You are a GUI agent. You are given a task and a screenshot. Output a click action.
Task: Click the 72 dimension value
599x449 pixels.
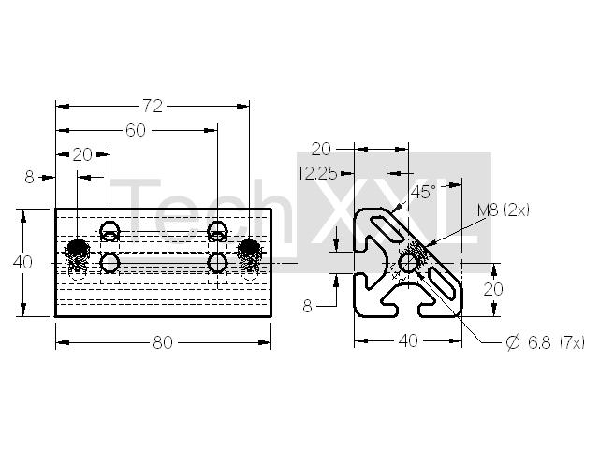(x=153, y=106)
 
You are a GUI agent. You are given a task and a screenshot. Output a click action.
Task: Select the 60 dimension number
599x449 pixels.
(x=136, y=131)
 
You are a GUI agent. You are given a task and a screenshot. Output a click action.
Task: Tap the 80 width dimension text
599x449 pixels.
(x=163, y=342)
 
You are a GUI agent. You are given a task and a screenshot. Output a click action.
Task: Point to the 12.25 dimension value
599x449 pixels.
(x=318, y=174)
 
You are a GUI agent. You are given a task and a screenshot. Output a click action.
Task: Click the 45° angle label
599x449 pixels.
(x=423, y=192)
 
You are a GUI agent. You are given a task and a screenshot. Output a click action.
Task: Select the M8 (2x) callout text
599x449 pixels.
(x=504, y=210)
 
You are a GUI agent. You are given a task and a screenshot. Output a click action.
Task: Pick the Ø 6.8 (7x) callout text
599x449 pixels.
(x=545, y=342)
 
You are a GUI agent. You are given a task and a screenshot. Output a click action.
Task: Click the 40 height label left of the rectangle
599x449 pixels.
(x=22, y=262)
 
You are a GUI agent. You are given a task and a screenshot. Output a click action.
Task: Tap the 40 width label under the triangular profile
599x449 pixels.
(x=408, y=340)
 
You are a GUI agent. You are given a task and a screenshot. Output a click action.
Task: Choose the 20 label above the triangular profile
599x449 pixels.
(x=321, y=150)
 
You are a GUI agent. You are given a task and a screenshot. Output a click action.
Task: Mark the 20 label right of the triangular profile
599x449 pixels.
(x=493, y=289)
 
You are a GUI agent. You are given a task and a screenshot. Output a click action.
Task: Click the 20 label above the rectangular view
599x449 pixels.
(x=82, y=154)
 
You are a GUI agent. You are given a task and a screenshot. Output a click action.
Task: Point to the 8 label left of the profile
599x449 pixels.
(x=307, y=306)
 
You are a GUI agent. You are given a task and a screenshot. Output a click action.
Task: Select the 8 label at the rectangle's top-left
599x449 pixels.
(x=29, y=178)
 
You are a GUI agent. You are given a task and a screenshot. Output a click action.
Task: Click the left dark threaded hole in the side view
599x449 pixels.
(x=78, y=250)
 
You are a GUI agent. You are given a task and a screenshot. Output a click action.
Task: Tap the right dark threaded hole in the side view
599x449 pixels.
(x=249, y=249)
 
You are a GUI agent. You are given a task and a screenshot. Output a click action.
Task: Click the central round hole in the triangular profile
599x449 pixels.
(x=408, y=263)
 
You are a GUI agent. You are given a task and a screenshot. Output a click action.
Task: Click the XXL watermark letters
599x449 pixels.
(x=393, y=211)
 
